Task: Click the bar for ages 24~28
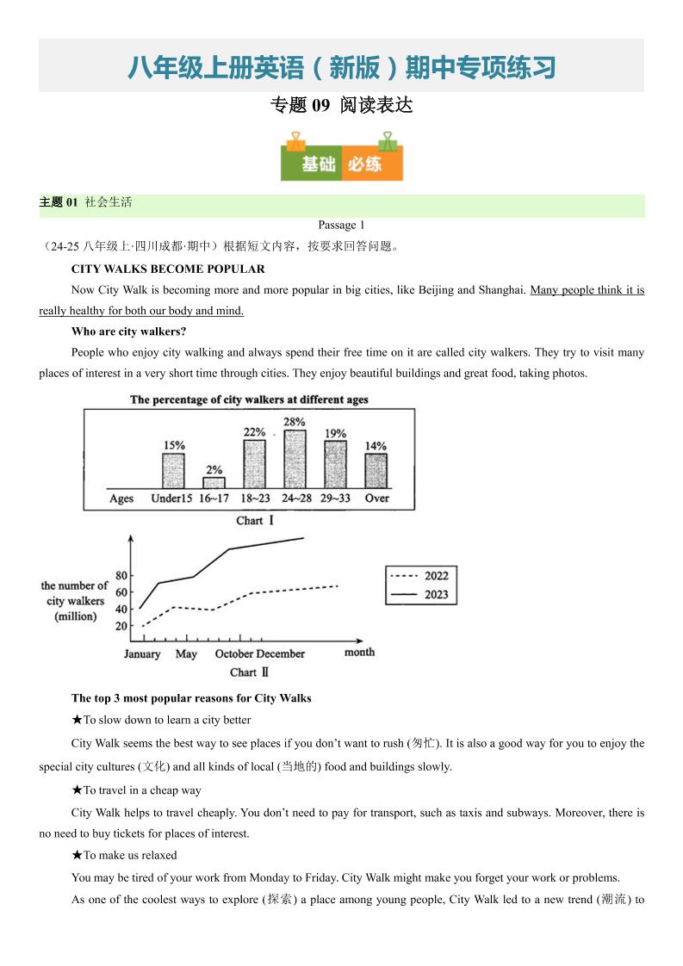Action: [295, 459]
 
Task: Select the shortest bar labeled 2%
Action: [214, 483]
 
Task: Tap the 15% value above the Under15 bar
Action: [173, 445]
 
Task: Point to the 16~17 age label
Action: [214, 498]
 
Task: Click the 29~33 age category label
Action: [336, 498]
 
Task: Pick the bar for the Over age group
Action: [376, 471]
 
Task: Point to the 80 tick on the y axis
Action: [121, 576]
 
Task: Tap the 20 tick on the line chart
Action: [121, 626]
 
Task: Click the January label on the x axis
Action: [142, 654]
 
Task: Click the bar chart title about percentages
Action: [249, 399]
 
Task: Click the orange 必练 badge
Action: [372, 164]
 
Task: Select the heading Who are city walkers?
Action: [129, 331]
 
